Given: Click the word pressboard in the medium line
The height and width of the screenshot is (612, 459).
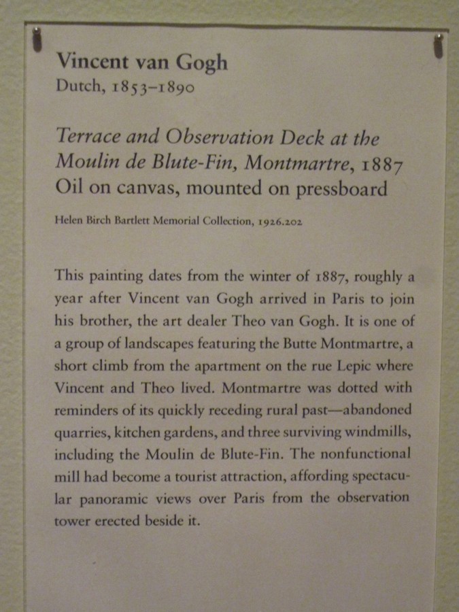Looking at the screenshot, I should coord(341,188).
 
